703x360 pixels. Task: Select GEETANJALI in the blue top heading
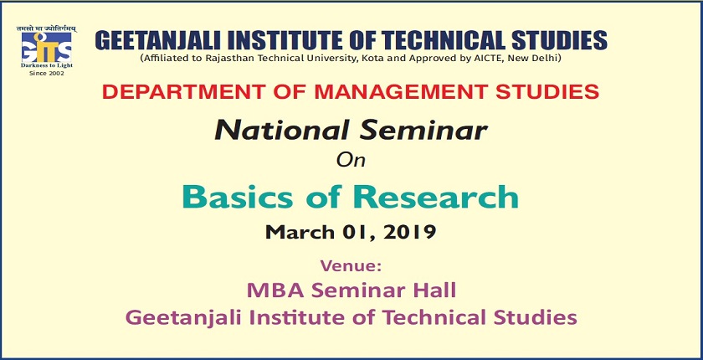coord(157,39)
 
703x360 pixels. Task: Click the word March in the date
coord(295,232)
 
